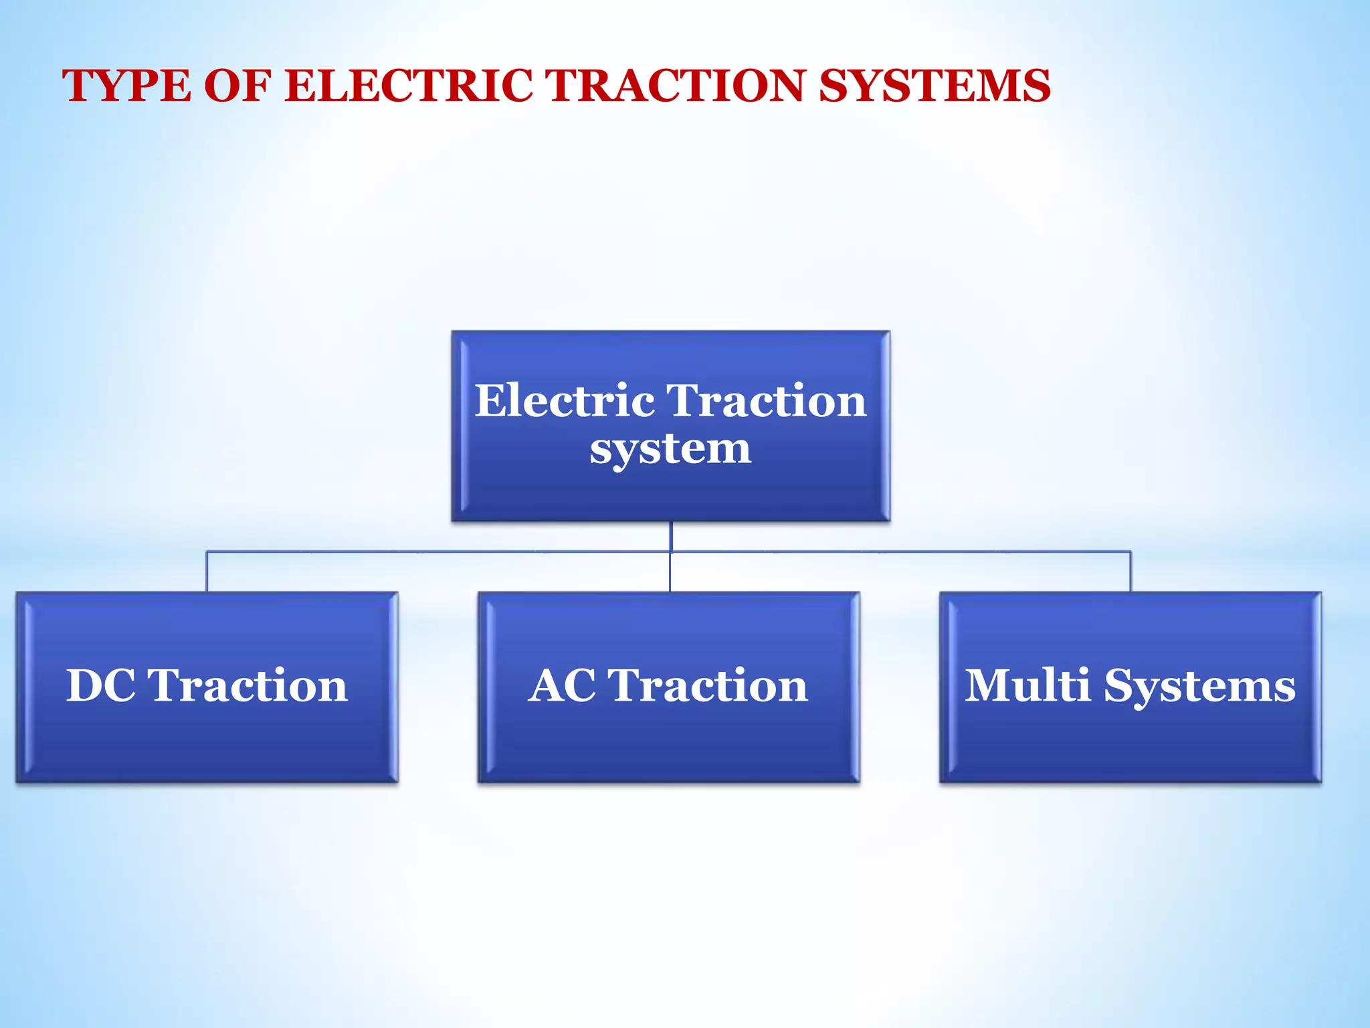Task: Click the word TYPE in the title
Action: pyautogui.click(x=126, y=86)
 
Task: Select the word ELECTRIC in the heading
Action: pyautogui.click(x=409, y=86)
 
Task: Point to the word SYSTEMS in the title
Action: pyautogui.click(x=935, y=86)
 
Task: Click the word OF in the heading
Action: pyautogui.click(x=237, y=86)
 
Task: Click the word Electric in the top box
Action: pyautogui.click(x=565, y=401)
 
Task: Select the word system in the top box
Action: pyautogui.click(x=670, y=449)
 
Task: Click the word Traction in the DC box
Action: pyautogui.click(x=248, y=686)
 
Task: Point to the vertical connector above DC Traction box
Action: pyautogui.click(x=207, y=572)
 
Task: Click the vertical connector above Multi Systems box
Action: pyautogui.click(x=1131, y=572)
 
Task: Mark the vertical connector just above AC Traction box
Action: pyautogui.click(x=670, y=574)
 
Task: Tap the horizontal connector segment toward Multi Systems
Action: pyautogui.click(x=903, y=552)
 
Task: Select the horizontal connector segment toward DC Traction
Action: pyautogui.click(x=435, y=552)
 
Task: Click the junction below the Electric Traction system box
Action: pyautogui.click(x=670, y=551)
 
